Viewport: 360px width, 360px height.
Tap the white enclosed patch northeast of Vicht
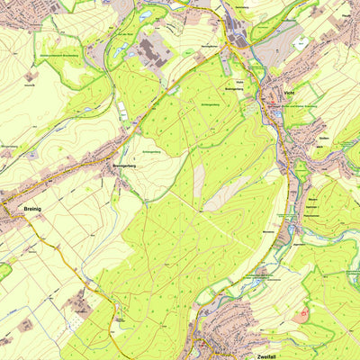click(x=300, y=42)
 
